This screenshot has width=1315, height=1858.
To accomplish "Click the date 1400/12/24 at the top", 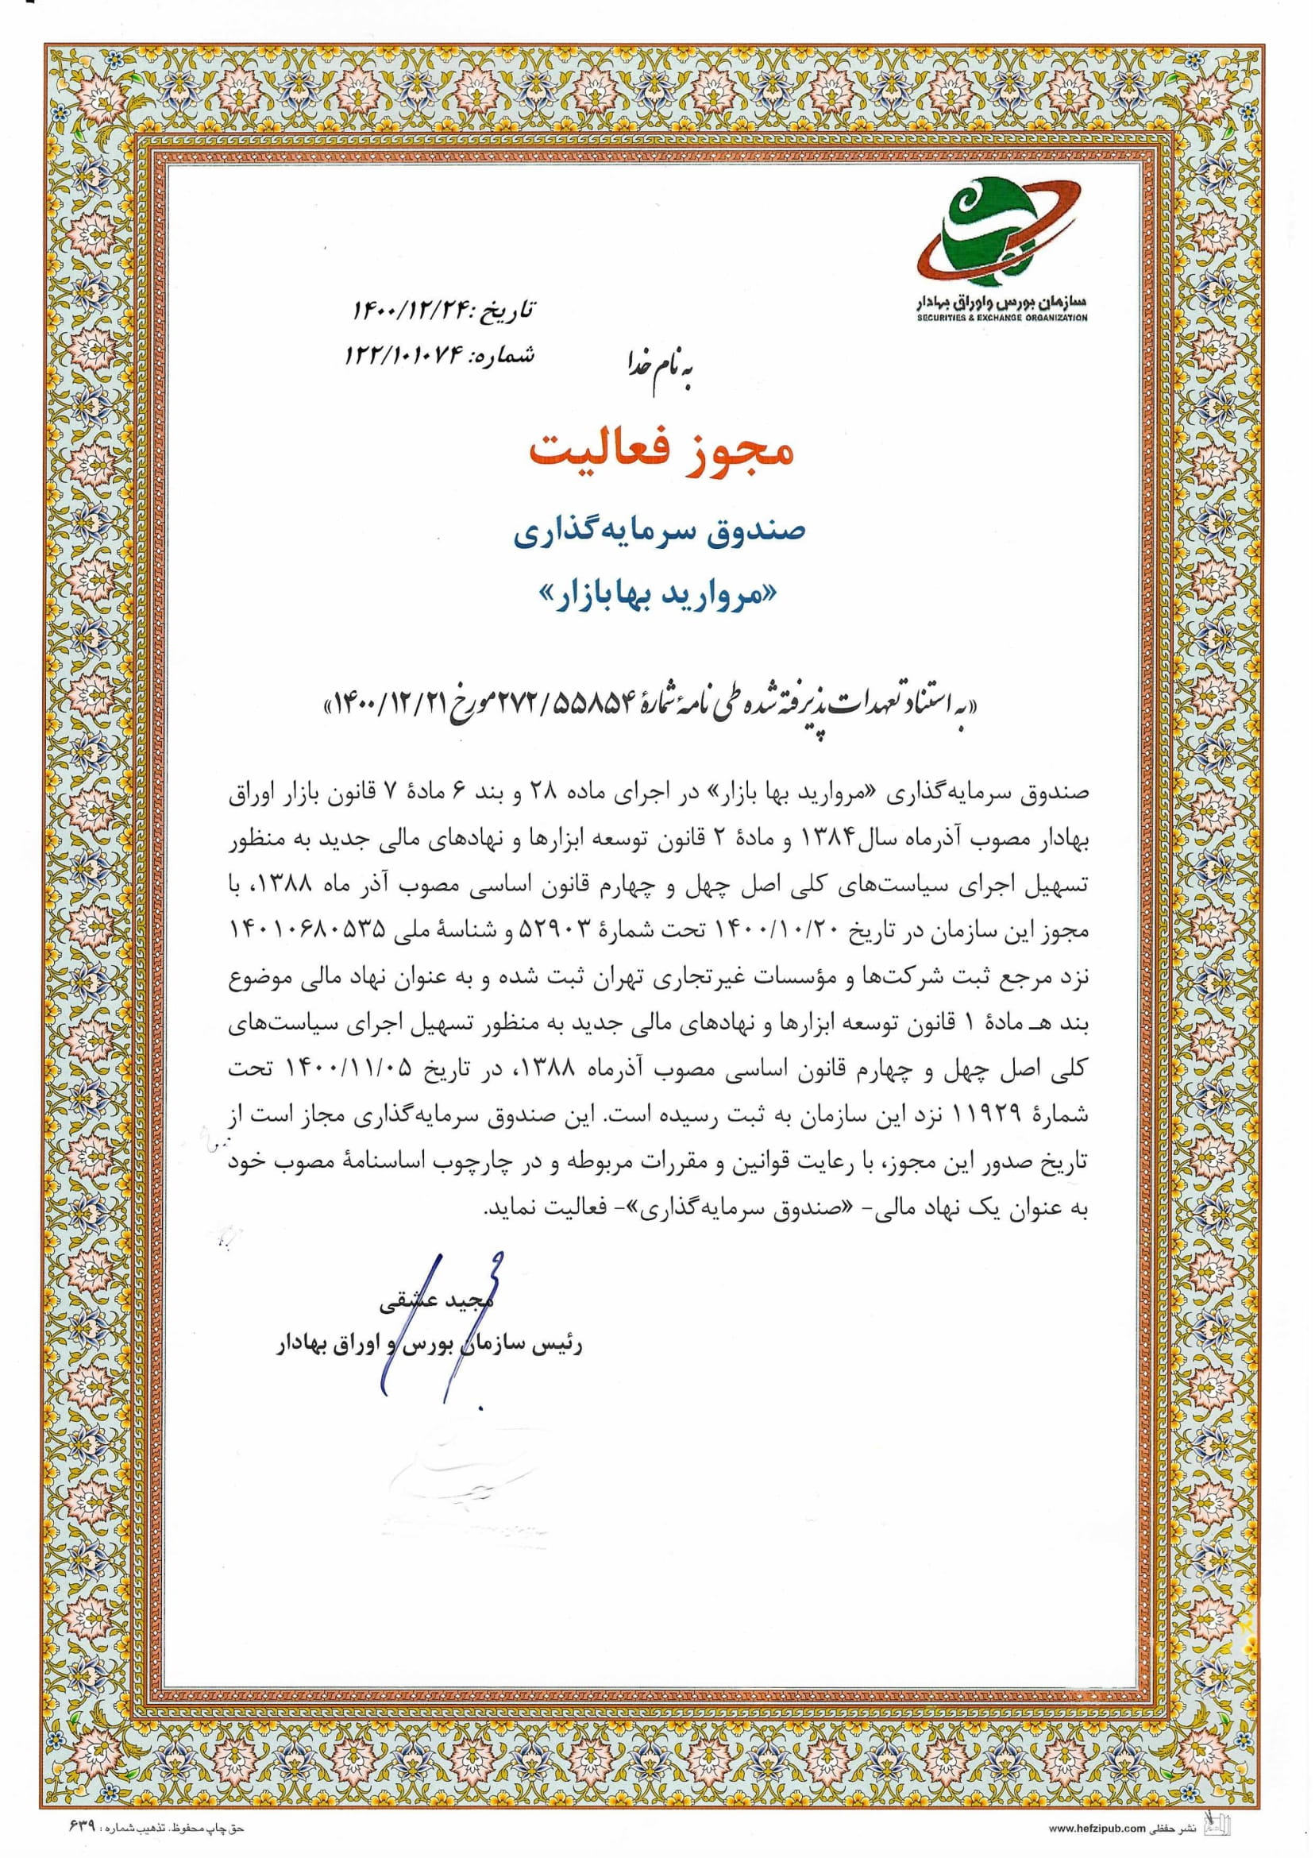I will (x=412, y=309).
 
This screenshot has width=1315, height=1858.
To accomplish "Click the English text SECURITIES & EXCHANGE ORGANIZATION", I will (x=1002, y=319).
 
